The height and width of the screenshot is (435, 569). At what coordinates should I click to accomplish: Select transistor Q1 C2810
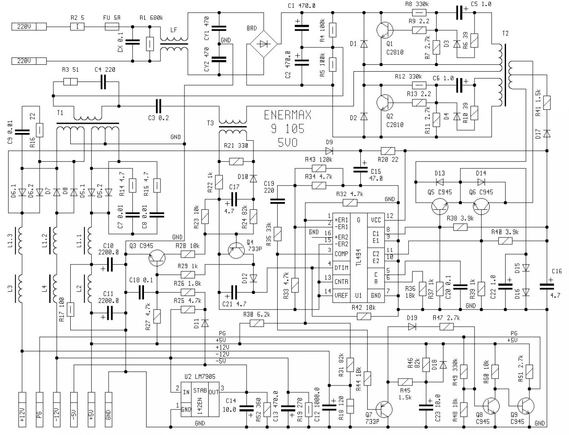click(x=384, y=30)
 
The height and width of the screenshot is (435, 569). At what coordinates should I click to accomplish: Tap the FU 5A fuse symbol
click(x=112, y=27)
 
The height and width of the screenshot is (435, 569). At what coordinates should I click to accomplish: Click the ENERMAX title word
click(x=288, y=115)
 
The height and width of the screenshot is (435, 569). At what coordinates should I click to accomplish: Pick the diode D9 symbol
click(x=329, y=151)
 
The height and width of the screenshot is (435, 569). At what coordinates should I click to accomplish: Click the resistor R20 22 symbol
click(x=388, y=151)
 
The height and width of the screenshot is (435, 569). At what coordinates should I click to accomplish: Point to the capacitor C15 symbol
click(x=358, y=169)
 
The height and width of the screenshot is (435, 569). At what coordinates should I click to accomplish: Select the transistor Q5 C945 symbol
click(x=440, y=208)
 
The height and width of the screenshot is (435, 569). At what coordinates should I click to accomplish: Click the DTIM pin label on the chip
click(x=341, y=268)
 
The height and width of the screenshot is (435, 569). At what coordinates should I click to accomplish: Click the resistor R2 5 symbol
click(x=77, y=27)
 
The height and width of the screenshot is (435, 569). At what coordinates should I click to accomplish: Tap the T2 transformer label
click(x=505, y=33)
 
